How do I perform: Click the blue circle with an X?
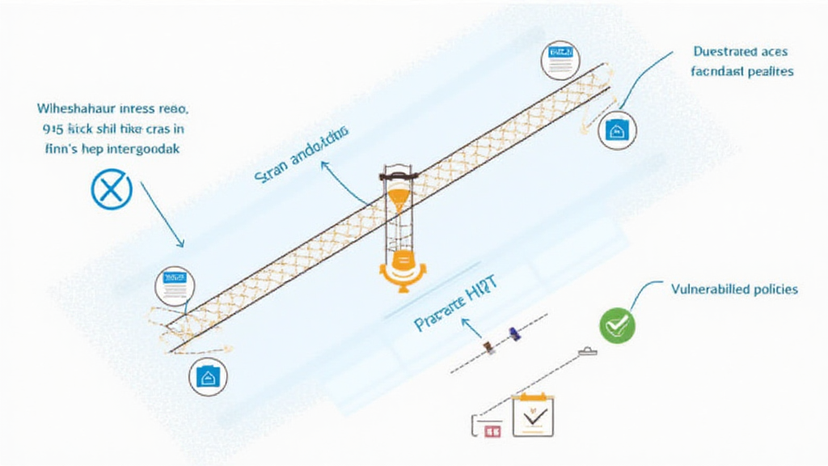111,189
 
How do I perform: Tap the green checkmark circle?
617,324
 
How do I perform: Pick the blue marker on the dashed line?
513,333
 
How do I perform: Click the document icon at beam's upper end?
560,60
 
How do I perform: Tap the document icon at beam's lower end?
175,286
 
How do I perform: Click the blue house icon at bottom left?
208,376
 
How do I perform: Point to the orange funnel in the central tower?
398,197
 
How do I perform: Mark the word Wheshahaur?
77,108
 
